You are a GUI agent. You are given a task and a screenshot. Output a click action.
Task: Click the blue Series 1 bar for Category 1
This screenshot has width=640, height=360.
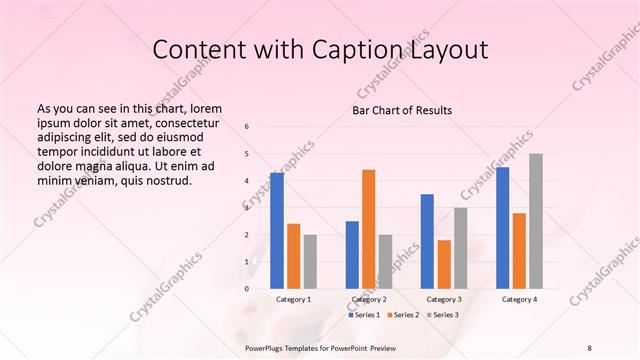pos(277,231)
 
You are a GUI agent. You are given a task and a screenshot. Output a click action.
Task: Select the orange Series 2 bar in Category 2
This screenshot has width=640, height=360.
pos(368,229)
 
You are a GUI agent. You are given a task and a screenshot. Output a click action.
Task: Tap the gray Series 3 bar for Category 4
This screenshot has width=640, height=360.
pos(536,221)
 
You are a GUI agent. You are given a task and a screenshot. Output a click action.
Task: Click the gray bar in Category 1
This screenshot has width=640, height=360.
pos(310,262)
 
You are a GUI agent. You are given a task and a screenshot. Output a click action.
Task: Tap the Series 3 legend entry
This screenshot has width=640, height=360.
pos(445,315)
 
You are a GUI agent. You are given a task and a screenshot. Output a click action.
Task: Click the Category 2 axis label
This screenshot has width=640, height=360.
pos(369,299)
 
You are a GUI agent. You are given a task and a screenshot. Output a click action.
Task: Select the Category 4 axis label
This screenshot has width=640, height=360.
pos(519,299)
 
